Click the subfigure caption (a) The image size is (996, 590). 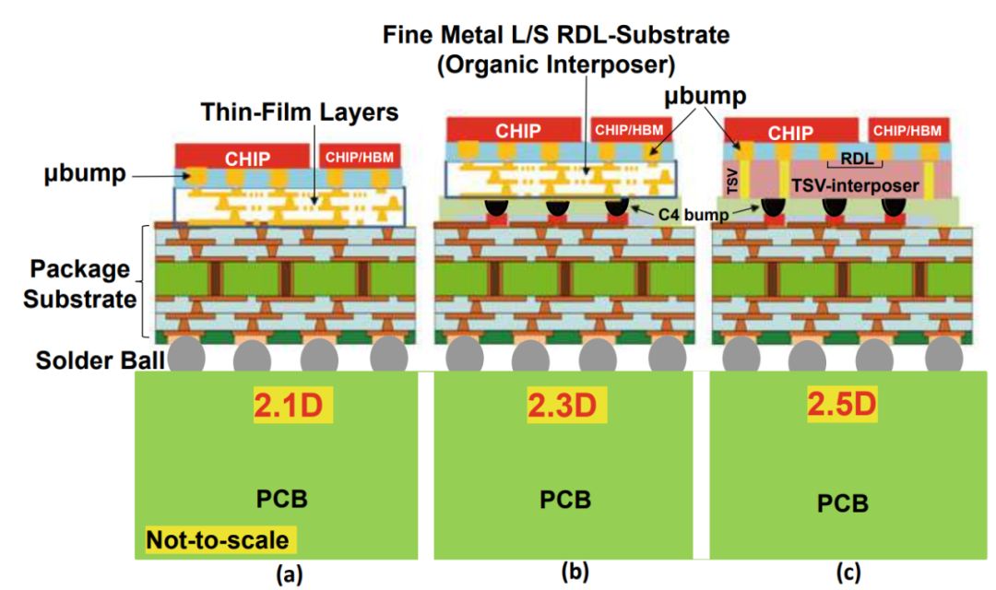coord(289,572)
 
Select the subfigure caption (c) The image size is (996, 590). coord(848,572)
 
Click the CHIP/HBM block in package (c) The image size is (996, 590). coord(909,130)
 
